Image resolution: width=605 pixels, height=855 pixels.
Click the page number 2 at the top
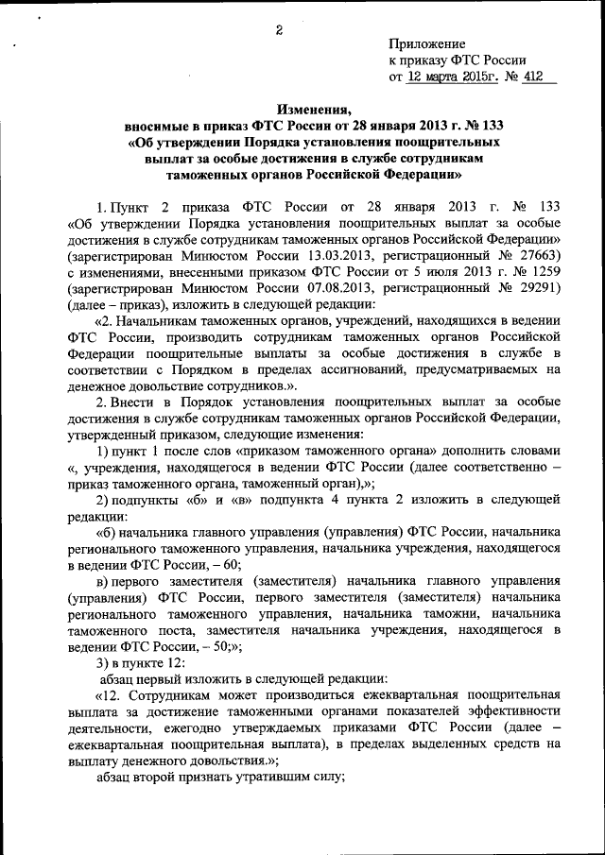(280, 29)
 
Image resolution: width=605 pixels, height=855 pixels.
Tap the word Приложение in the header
(427, 43)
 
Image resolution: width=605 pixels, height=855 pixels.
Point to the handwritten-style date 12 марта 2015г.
(453, 77)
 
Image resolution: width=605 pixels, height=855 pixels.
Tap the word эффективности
(520, 710)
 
